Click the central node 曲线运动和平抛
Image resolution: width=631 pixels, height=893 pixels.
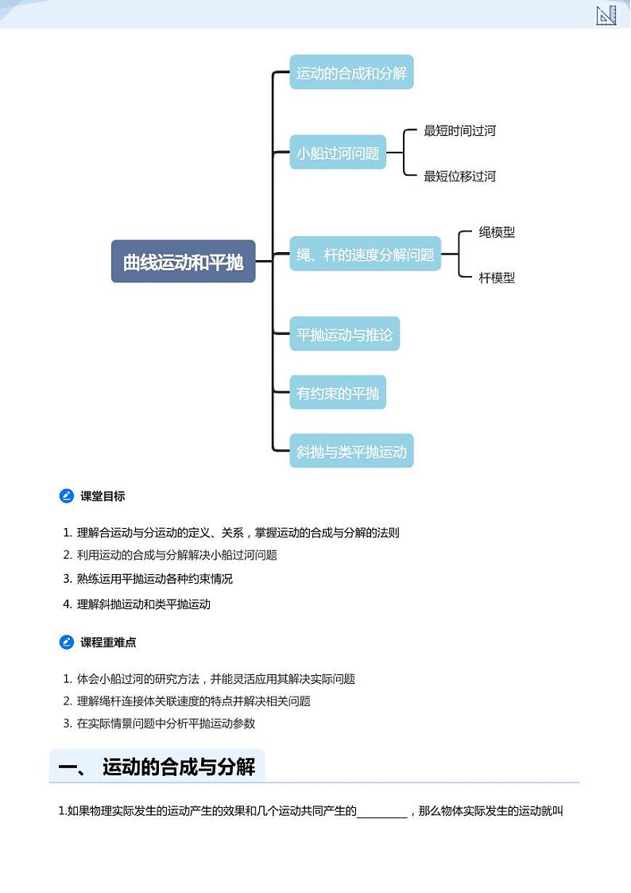(183, 262)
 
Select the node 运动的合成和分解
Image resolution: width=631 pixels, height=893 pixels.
(351, 73)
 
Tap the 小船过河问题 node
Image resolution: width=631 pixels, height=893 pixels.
(338, 153)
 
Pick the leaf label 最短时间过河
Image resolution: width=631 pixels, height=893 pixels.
(459, 130)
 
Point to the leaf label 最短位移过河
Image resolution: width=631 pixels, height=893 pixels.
(459, 176)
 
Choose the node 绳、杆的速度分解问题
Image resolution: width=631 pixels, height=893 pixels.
(365, 254)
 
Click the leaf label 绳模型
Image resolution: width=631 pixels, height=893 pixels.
(497, 232)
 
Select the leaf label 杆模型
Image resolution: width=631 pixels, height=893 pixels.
(497, 278)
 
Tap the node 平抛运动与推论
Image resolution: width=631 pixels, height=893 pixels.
(344, 334)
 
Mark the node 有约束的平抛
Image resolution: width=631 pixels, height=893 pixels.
(338, 393)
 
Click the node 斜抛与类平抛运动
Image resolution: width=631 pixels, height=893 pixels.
(351, 452)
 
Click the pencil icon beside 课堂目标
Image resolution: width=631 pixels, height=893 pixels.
(67, 496)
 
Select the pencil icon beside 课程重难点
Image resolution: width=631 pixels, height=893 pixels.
(67, 642)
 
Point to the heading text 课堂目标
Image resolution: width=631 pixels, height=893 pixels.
(103, 496)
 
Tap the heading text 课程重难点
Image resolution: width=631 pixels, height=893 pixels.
(108, 642)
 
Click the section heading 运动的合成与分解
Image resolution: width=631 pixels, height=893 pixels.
(179, 767)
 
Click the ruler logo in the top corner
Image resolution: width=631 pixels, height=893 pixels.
(606, 14)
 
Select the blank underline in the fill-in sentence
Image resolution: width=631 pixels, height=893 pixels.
(381, 812)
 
